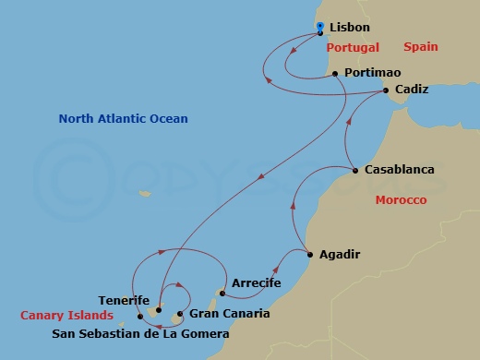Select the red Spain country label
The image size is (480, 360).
coord(419,46)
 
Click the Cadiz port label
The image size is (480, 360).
coord(411,90)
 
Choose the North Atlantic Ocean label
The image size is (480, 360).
coord(123,118)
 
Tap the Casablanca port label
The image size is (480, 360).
coord(399,170)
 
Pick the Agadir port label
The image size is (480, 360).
coord(339,254)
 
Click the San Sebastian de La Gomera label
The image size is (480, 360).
coord(139,333)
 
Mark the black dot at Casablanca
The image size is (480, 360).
coord(355,170)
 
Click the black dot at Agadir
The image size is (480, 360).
coord(310,254)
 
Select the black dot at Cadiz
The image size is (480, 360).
coord(385,90)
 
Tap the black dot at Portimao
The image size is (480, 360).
coord(334,72)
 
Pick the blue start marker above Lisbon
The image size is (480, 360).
coord(319,26)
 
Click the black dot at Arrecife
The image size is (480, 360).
coord(222,294)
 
